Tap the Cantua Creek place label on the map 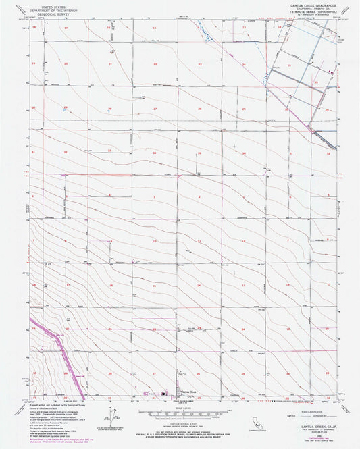coord(187,392)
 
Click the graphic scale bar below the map coord(180,411)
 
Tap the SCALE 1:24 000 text coord(180,406)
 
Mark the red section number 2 coord(199,196)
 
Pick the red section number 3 coord(154,196)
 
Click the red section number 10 coord(154,241)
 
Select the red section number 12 coord(243,241)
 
